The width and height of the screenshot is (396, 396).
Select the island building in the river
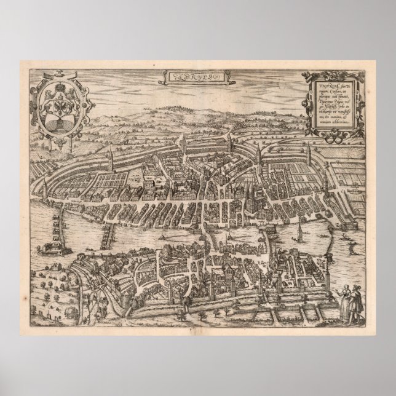[47, 247]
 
